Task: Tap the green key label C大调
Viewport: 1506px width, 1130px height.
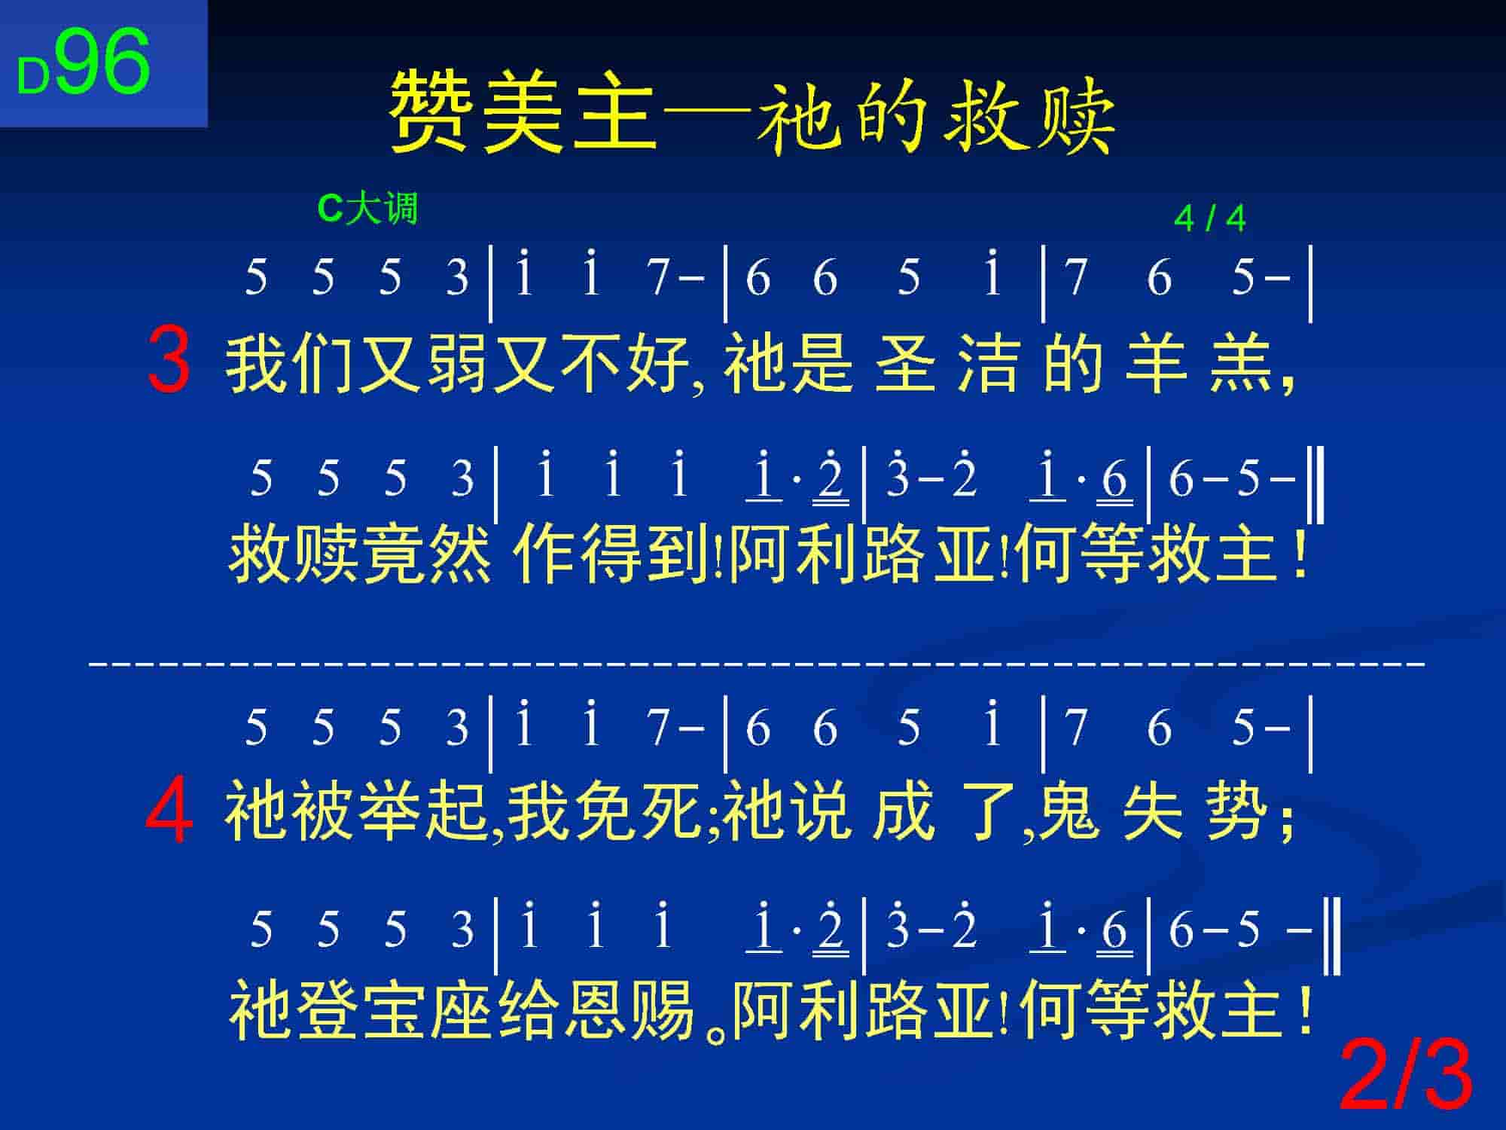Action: coord(367,208)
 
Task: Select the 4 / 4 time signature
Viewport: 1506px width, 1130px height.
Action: coord(1209,218)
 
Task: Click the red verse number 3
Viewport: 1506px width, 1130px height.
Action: coord(169,360)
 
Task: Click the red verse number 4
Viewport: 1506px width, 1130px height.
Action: coord(169,811)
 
